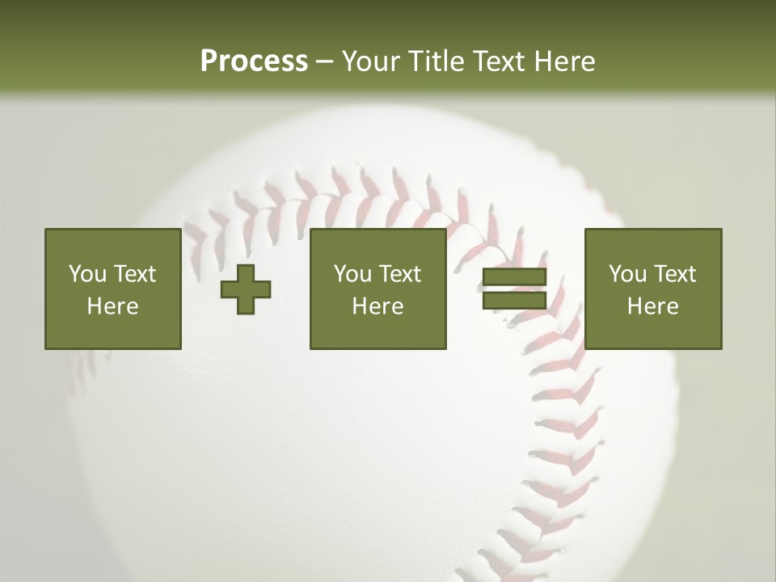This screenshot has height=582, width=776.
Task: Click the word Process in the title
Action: pos(254,61)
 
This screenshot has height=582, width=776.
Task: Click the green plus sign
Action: pos(246,289)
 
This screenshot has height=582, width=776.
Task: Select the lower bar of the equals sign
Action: pos(514,300)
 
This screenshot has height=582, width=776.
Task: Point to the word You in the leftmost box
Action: pos(87,274)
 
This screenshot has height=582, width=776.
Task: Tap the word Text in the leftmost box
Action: pos(134,274)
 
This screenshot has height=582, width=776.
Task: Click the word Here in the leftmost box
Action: pos(113,306)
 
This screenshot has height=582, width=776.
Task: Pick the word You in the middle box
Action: pos(352,274)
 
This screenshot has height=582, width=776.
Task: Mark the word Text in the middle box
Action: pos(399,274)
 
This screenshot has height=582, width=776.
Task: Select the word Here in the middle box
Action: pos(378,306)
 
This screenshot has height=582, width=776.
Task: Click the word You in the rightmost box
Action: pos(627,274)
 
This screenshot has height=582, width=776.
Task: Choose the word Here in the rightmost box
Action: pos(653,306)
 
